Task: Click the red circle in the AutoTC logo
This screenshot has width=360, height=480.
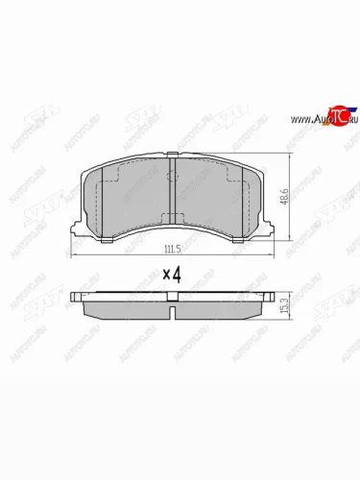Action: coord(336,116)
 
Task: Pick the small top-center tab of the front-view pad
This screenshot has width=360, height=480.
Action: coord(170,153)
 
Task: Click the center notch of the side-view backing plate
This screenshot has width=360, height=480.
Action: coord(170,308)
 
